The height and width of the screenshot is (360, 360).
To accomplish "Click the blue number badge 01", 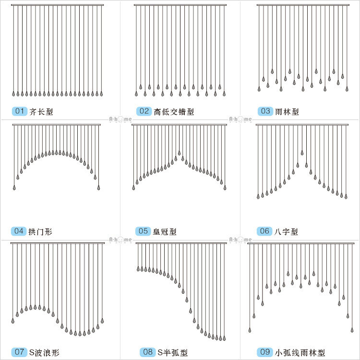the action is point(20,111).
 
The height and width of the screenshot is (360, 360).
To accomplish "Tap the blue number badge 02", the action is point(144,111).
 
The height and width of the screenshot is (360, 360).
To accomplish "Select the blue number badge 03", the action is point(265,111).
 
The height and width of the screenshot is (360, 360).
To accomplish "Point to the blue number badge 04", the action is point(19,231).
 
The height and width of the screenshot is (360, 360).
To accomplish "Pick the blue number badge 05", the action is point(143,231).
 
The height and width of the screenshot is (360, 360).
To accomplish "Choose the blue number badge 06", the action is point(264,231).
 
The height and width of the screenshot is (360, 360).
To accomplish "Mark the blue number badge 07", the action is point(19,352).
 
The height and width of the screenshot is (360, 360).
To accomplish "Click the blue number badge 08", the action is point(148,352).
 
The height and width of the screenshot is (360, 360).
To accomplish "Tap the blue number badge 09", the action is point(264,352).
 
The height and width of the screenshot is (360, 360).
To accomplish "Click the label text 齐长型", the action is point(41,112).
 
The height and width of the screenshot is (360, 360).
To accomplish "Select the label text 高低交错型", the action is point(174,112).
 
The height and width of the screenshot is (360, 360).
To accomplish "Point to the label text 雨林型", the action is point(287,112).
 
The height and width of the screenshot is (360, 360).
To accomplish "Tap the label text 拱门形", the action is point(41,232).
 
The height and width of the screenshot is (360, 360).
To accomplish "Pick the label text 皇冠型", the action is point(165,232).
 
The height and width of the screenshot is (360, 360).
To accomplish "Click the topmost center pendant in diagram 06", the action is point(302,153).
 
